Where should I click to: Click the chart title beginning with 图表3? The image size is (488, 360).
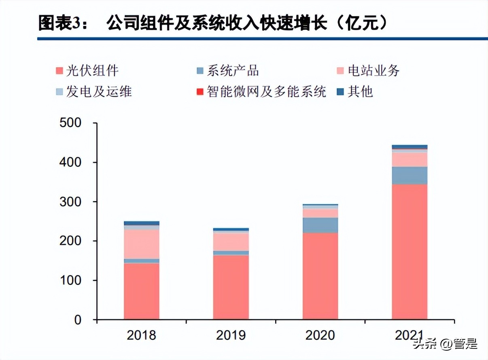213,23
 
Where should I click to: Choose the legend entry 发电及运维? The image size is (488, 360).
93,91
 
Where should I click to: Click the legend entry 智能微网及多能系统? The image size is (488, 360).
261,91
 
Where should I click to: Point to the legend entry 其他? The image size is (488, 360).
355,91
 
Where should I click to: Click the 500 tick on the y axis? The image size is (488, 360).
70,123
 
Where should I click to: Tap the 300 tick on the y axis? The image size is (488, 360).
70,201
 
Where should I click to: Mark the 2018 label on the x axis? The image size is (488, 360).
142,335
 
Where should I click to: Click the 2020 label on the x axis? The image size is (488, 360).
320,335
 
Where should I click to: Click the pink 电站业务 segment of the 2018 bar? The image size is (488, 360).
142,244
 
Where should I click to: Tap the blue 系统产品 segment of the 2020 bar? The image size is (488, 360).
320,225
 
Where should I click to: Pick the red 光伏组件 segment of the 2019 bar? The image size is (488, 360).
231,287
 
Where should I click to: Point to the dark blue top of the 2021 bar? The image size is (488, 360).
409,147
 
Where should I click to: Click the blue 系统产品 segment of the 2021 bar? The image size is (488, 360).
409,175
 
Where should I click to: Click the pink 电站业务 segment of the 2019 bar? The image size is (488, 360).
231,242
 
